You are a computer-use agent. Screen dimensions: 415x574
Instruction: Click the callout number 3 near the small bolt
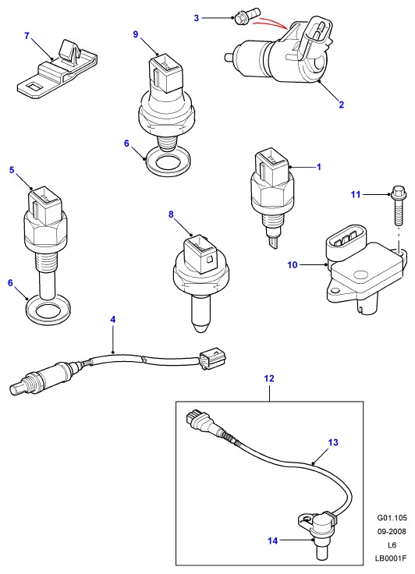197,18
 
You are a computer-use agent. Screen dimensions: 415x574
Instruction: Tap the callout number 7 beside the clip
27,36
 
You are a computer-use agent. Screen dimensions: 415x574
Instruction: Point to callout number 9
136,34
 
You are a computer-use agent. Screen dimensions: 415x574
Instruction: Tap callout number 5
12,170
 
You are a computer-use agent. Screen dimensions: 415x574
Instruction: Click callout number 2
342,105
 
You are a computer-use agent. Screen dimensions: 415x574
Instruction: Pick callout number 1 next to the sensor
319,167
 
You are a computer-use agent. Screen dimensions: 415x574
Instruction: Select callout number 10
293,264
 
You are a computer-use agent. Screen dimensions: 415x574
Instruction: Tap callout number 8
171,214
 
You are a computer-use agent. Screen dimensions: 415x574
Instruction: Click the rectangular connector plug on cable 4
211,357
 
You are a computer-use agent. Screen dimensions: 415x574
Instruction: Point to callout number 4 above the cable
113,319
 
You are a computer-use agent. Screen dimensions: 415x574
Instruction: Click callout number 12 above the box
269,378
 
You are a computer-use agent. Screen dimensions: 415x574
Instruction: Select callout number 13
333,442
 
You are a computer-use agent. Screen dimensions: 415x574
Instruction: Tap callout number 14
273,540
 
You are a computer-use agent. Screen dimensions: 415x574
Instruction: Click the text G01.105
392,518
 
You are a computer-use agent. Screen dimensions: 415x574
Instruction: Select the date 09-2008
392,531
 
